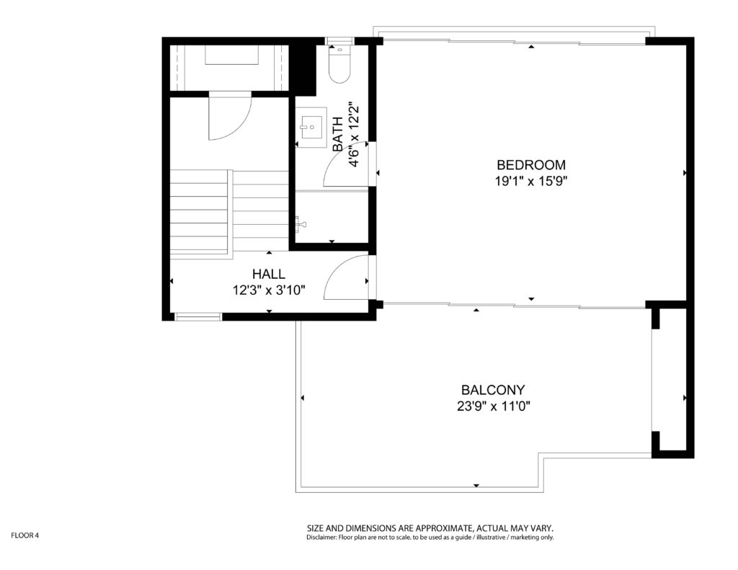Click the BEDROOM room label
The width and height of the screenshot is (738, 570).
tap(531, 165)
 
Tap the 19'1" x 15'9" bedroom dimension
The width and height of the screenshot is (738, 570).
tap(531, 181)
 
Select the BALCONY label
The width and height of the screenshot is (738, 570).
tap(493, 390)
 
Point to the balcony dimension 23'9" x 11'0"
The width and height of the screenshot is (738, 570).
tap(493, 406)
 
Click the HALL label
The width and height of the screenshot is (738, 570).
tap(268, 274)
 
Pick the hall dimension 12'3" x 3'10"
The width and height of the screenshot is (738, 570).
tap(269, 290)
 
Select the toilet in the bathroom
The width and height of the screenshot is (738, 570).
tap(339, 63)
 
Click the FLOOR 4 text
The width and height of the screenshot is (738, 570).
tap(25, 535)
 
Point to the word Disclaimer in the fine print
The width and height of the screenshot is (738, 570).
tap(322, 537)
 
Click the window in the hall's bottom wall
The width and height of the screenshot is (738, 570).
tap(198, 317)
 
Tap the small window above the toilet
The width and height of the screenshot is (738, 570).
tap(339, 41)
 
